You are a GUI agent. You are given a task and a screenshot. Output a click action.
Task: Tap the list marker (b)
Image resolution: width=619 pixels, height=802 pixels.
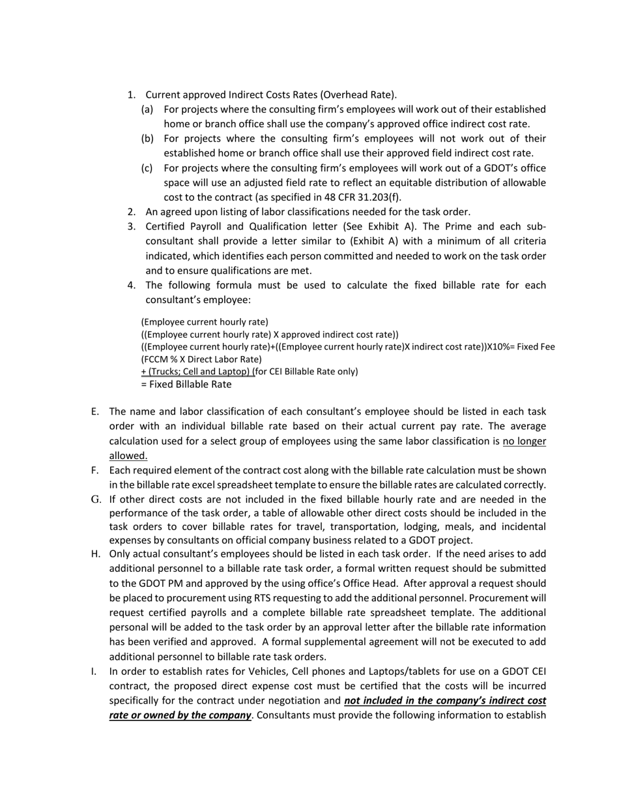[x=147, y=138]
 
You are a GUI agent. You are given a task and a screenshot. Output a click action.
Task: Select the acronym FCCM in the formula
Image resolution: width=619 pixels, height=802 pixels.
[x=155, y=359]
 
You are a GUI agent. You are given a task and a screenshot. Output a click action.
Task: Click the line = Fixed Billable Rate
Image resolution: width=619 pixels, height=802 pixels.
[x=186, y=384]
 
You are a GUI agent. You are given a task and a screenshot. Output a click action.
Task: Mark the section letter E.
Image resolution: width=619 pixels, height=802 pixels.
[x=95, y=411]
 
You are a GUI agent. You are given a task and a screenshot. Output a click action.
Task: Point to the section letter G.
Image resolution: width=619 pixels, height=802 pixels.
[x=96, y=499]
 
